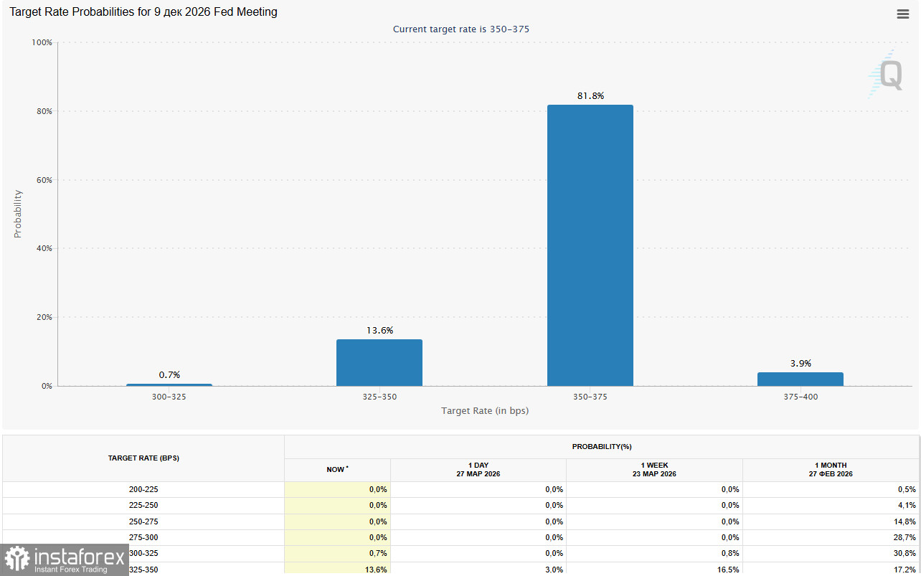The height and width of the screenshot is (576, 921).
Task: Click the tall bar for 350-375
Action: click(590, 245)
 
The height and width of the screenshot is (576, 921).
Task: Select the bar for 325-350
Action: click(379, 362)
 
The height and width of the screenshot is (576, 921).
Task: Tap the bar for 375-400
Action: click(800, 379)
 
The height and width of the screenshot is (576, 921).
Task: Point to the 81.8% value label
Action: click(590, 95)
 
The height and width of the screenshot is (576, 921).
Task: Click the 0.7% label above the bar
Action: click(169, 374)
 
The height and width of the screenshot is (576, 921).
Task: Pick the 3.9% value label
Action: click(800, 363)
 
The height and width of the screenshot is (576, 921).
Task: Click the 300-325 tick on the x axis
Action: click(169, 397)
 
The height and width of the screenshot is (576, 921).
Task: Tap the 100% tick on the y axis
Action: click(42, 42)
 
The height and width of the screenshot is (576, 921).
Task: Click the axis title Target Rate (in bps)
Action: click(485, 411)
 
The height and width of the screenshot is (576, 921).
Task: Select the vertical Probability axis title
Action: click(18, 214)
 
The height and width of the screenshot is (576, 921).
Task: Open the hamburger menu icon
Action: click(903, 14)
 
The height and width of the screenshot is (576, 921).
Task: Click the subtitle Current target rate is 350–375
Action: click(461, 29)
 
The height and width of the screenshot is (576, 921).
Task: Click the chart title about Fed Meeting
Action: click(143, 12)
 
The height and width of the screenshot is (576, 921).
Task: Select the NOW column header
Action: click(336, 469)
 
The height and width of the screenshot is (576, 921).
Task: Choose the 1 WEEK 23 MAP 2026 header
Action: click(655, 469)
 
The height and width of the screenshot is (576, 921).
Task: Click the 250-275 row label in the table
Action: click(143, 521)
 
